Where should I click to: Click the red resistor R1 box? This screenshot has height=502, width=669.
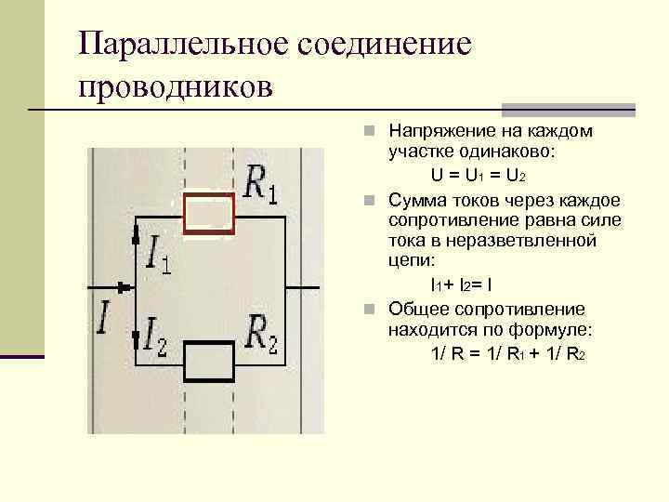coord(209,214)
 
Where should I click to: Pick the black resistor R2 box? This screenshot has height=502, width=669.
coord(209,361)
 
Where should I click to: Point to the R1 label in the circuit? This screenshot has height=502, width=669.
coord(259,183)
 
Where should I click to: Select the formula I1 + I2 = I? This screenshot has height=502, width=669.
coord(473,284)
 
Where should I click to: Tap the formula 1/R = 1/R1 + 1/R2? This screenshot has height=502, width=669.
coord(507,353)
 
